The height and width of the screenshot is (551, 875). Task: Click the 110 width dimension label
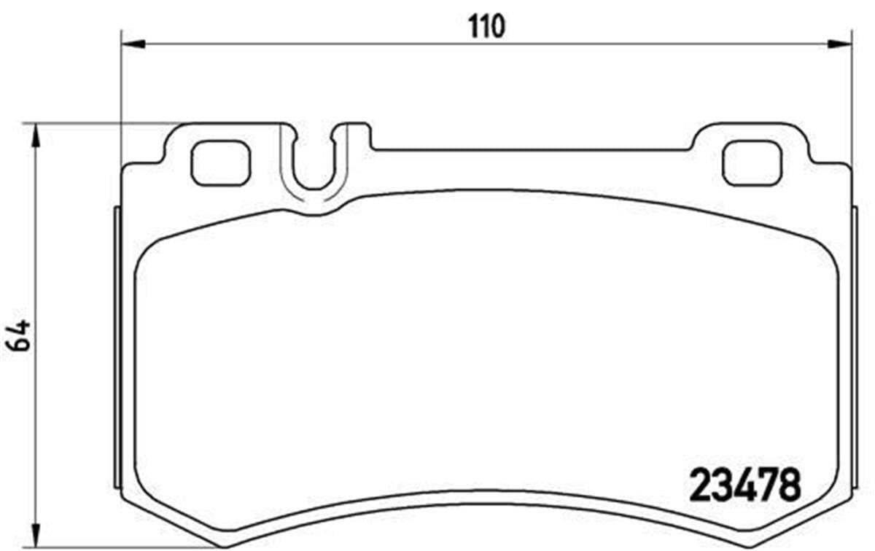[x=486, y=28]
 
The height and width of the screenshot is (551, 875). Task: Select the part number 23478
[x=744, y=484]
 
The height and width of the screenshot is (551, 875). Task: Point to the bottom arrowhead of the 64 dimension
[x=33, y=537]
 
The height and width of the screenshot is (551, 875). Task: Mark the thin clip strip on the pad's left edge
[x=117, y=346]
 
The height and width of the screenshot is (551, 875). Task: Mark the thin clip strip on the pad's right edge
[x=855, y=346]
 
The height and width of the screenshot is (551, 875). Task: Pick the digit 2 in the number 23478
[x=701, y=484]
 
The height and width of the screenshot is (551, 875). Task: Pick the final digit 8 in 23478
[x=789, y=484]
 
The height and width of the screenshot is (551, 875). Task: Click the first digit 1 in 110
[x=473, y=28]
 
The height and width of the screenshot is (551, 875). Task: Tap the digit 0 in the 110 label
[x=497, y=28]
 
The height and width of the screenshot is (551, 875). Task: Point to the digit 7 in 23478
[x=767, y=484]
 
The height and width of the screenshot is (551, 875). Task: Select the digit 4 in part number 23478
[x=744, y=484]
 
